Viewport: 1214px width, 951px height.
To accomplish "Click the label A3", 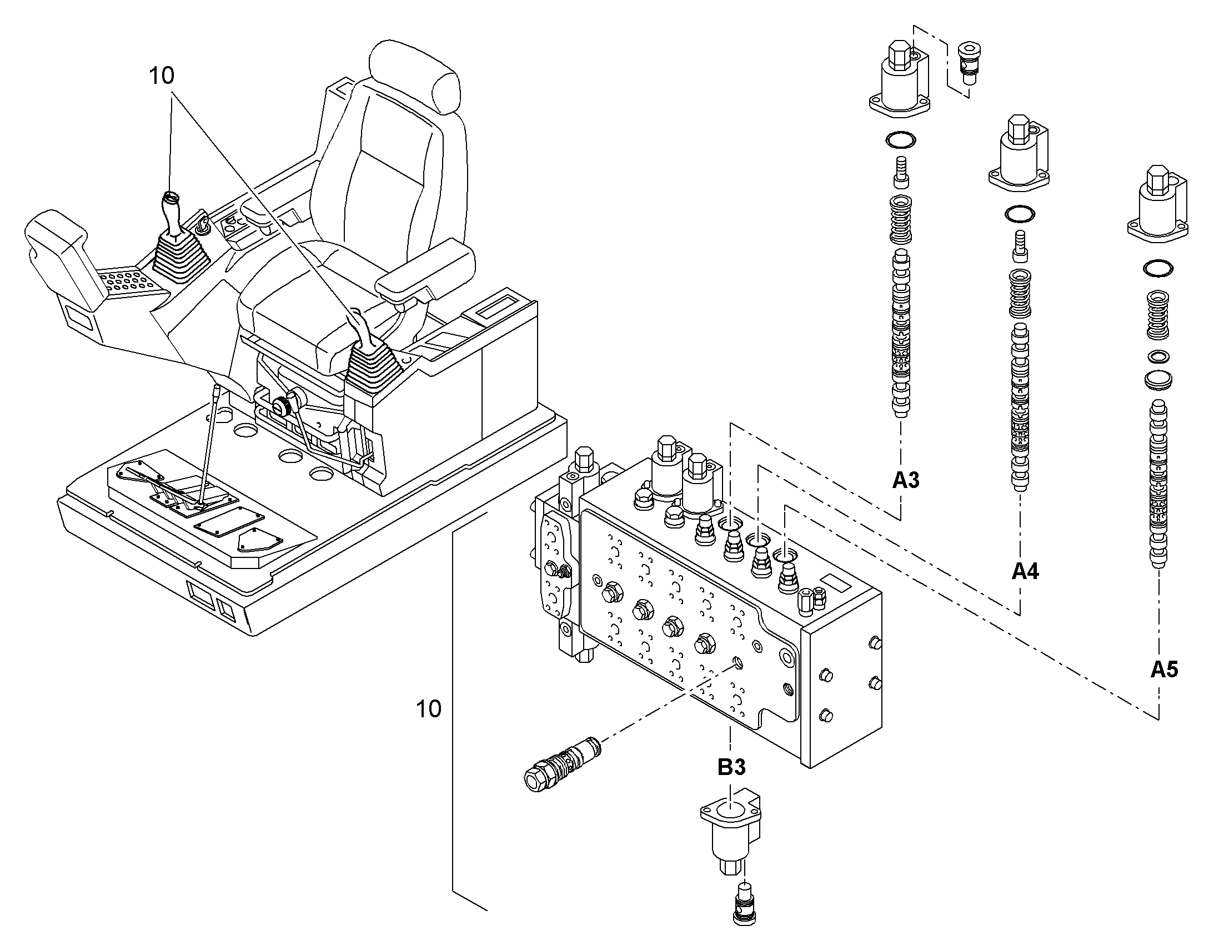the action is (x=905, y=480).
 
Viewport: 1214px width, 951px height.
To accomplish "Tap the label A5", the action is (x=1165, y=669).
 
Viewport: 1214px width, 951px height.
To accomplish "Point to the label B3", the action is (x=731, y=767).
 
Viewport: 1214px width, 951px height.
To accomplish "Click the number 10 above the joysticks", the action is (x=162, y=76).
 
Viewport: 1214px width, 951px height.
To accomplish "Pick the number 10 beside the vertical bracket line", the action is (x=429, y=709).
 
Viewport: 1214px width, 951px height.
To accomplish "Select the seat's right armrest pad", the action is (x=426, y=270).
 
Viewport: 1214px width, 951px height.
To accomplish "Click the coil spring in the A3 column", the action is (x=901, y=220).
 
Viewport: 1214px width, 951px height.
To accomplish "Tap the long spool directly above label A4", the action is (x=1020, y=407).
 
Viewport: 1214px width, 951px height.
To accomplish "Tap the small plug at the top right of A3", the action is (x=966, y=65).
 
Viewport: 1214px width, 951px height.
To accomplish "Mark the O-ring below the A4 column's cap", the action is (x=1020, y=214).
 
